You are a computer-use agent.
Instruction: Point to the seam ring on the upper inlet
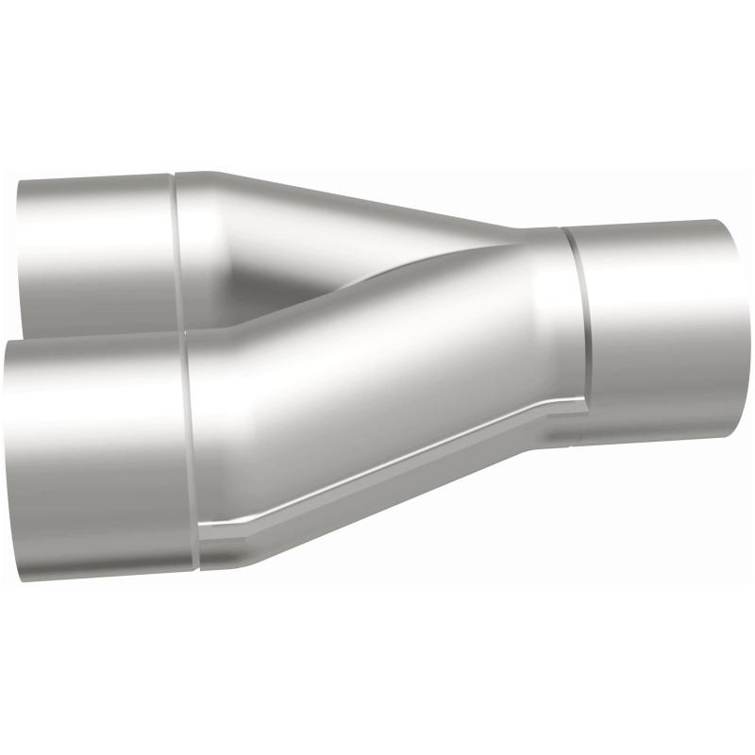pos(175,245)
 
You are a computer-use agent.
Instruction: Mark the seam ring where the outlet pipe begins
pos(578,321)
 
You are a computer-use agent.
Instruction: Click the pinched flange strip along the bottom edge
pos(377,481)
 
